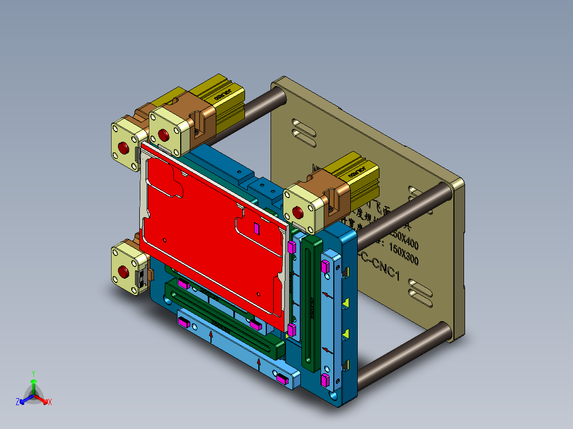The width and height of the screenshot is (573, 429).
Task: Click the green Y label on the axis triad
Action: coord(33,373)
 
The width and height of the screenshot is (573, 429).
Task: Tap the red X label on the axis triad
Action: coord(49,402)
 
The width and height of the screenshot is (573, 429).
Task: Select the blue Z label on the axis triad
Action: coord(18,402)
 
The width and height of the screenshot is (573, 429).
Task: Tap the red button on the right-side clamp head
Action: coord(298,213)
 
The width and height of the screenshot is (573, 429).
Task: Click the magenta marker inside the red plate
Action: coord(256,228)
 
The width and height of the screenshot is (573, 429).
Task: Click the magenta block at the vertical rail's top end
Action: coord(326,266)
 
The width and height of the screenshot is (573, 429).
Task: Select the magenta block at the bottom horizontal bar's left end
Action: coord(184,322)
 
